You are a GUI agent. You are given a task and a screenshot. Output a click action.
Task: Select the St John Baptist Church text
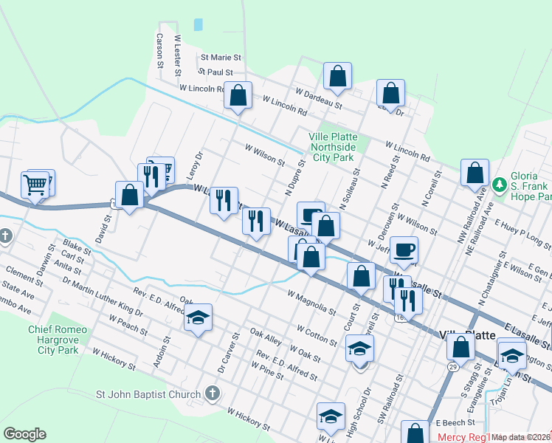click(x=148, y=394)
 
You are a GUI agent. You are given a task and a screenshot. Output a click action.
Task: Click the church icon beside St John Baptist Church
click(x=213, y=392)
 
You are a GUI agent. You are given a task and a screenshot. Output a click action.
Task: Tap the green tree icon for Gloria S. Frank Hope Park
click(x=500, y=182)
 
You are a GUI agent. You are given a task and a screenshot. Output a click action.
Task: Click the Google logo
click(x=24, y=434)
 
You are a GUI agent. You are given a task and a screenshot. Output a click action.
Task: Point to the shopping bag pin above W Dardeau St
click(x=337, y=76)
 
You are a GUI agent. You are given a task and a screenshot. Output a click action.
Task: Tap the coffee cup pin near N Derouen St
click(x=403, y=250)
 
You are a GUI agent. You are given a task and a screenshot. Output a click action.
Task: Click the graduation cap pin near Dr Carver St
click(x=198, y=318)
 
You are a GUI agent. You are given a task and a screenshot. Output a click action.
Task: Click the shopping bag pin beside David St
click(x=130, y=196)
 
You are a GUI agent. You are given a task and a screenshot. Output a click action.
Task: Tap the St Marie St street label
click(x=221, y=57)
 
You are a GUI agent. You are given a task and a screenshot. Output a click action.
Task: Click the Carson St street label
click(x=159, y=49)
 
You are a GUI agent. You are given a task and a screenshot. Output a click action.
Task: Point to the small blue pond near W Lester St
click(x=198, y=24)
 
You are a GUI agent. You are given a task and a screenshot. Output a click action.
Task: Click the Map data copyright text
click(x=521, y=437)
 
